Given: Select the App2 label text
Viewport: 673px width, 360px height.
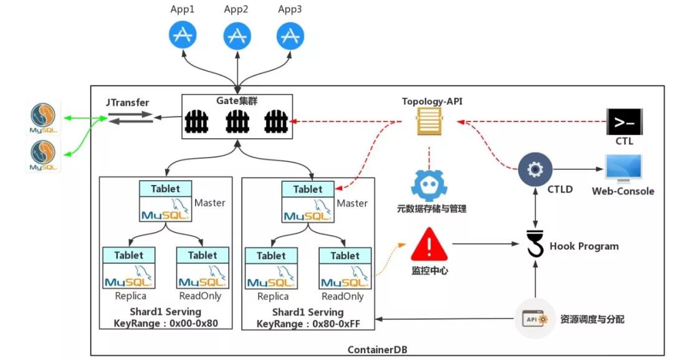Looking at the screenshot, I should (x=236, y=9).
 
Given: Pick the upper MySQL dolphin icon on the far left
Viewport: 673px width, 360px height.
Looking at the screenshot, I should (x=44, y=119).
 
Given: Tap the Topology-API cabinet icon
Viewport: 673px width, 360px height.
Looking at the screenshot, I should (x=430, y=120).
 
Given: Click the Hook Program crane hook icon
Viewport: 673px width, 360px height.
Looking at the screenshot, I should (x=535, y=244).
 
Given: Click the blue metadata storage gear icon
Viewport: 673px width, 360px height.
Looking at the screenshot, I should (x=429, y=186).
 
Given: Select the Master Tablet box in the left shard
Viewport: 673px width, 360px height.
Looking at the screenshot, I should (x=166, y=202).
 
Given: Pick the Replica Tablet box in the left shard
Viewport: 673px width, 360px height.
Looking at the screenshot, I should (x=129, y=268).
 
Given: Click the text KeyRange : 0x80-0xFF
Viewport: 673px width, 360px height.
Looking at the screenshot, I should (x=307, y=323).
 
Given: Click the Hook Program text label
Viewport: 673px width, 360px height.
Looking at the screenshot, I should (x=584, y=246).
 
